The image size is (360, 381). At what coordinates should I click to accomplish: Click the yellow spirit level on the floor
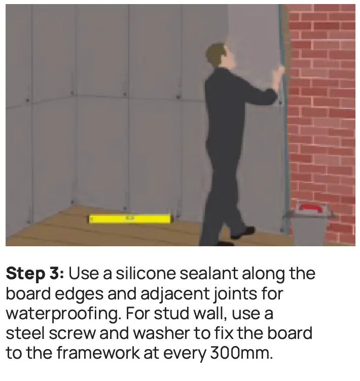130,218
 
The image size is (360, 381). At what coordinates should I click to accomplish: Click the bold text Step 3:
35,274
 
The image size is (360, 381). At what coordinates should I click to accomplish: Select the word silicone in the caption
146,274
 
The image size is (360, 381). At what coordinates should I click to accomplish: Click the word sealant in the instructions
208,274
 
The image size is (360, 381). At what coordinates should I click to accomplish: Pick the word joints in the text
235,294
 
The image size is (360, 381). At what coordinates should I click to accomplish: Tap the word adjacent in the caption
175,294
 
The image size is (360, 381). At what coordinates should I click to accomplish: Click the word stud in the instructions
171,313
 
